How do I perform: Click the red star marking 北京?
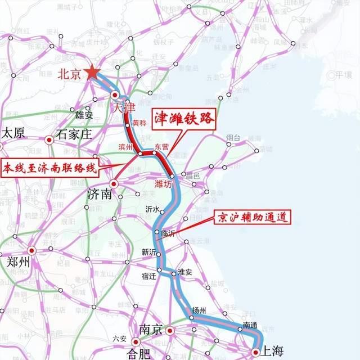coord(92,72)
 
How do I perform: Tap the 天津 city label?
coord(124,106)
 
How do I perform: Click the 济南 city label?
coord(101,195)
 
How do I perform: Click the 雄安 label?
coord(84,115)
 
